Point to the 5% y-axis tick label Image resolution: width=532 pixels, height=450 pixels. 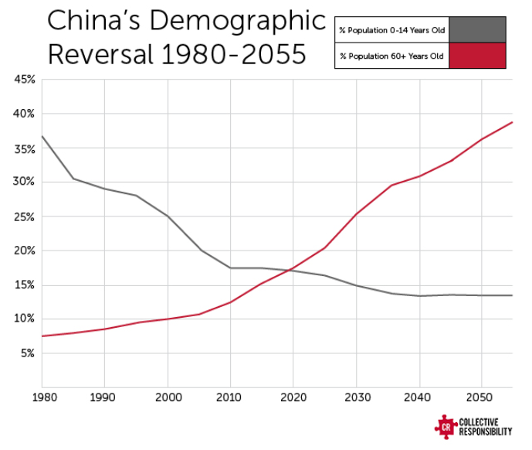pyautogui.click(x=26, y=353)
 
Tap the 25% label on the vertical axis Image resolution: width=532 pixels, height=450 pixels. pyautogui.click(x=24, y=217)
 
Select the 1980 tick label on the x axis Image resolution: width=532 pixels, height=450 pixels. pyautogui.click(x=43, y=400)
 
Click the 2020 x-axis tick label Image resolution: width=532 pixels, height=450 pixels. pyautogui.click(x=293, y=400)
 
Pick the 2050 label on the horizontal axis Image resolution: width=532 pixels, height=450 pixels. pyautogui.click(x=480, y=400)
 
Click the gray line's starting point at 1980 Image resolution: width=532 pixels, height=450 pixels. pyautogui.click(x=42, y=137)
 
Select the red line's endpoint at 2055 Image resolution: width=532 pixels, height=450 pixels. pyautogui.click(x=512, y=122)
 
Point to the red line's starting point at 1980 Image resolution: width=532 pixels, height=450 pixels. pyautogui.click(x=42, y=336)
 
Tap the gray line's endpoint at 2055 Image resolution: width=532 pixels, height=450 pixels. pyautogui.click(x=512, y=295)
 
